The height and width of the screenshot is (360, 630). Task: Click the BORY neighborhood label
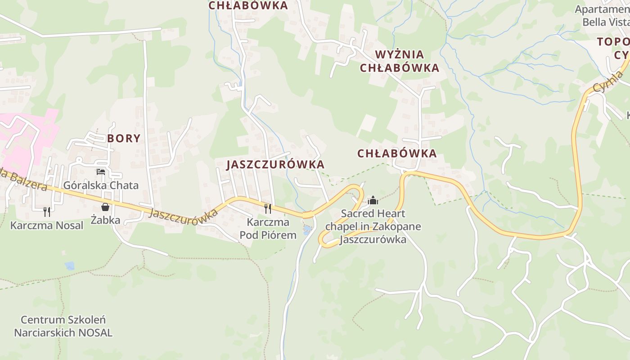click(x=124, y=138)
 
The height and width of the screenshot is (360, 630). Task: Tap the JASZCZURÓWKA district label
click(x=275, y=164)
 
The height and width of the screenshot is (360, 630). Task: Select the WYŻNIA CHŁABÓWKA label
click(x=406, y=61)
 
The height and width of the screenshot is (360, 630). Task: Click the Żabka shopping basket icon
click(x=105, y=207)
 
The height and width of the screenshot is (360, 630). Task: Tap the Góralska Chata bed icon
click(x=101, y=172)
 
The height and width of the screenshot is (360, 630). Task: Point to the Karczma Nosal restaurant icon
click(x=47, y=211)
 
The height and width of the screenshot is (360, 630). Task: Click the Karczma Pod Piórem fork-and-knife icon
click(x=268, y=208)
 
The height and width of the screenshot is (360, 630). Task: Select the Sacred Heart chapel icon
click(x=373, y=200)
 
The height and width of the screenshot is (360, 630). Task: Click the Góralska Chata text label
click(x=101, y=185)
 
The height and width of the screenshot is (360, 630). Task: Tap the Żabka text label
click(x=105, y=220)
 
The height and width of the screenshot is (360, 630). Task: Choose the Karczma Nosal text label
click(x=47, y=225)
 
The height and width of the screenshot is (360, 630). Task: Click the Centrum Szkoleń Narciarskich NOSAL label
click(x=63, y=326)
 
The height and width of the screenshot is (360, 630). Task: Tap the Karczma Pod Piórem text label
click(x=268, y=229)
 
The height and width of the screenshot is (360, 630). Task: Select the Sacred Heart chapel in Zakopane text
click(x=373, y=226)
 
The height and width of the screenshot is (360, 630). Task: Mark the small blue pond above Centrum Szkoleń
click(x=69, y=265)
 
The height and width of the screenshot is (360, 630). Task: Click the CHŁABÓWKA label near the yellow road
click(x=397, y=153)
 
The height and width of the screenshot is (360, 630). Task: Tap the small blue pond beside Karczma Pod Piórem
click(x=307, y=231)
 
